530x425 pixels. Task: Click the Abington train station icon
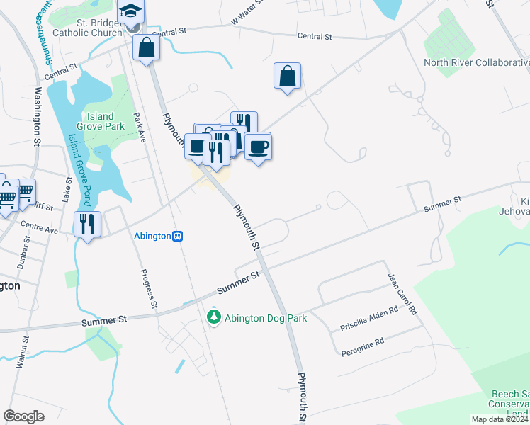click(x=178, y=236)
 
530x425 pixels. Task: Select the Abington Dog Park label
click(x=266, y=318)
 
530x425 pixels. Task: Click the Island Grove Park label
click(x=106, y=121)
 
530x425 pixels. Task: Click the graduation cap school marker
click(x=131, y=13)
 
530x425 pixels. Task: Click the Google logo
click(x=24, y=416)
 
